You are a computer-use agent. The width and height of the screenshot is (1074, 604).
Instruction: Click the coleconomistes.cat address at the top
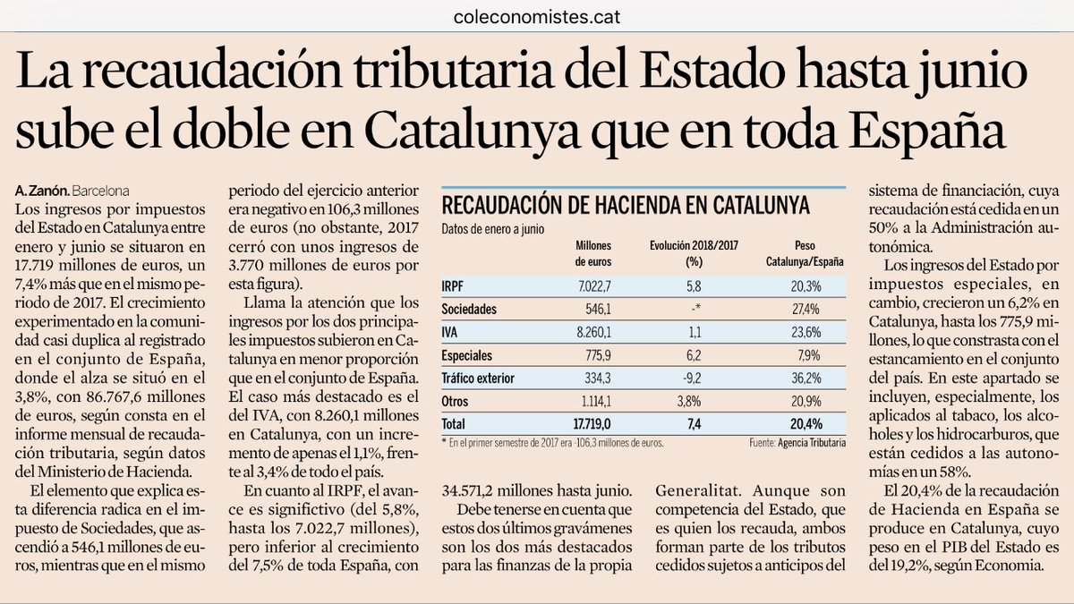pyautogui.click(x=537, y=15)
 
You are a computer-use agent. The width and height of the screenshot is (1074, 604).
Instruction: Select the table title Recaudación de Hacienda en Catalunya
pyautogui.click(x=626, y=205)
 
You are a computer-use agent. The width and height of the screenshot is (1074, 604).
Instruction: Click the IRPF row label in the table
pyautogui.click(x=454, y=285)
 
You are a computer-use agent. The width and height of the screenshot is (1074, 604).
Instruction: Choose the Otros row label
pyautogui.click(x=456, y=401)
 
